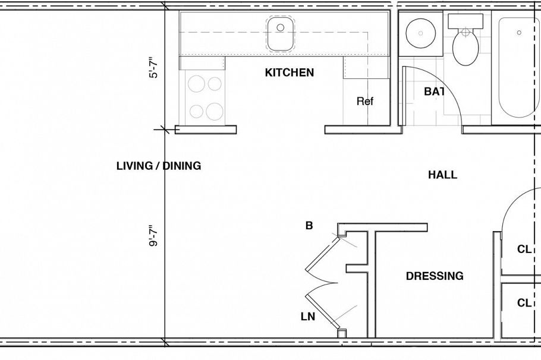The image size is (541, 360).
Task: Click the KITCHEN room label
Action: pyautogui.click(x=289, y=73)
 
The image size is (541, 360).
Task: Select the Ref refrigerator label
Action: pyautogui.click(x=365, y=102)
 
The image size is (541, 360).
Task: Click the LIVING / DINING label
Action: pyautogui.click(x=159, y=166)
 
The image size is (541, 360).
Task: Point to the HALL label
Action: pyautogui.click(x=442, y=175)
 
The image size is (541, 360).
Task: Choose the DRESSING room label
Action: pyautogui.click(x=435, y=276)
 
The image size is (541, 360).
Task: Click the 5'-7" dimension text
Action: pyautogui.click(x=154, y=68)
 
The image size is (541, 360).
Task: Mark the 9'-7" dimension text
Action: pyautogui.click(x=154, y=235)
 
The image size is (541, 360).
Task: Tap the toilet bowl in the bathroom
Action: pyautogui.click(x=465, y=49)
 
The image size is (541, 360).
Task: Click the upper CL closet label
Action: pyautogui.click(x=524, y=250)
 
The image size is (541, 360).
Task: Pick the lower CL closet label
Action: pyautogui.click(x=524, y=303)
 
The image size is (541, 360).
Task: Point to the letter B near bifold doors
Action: pyautogui.click(x=309, y=226)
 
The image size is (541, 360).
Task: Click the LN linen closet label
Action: pyautogui.click(x=307, y=317)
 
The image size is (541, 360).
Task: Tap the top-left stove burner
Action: pyautogui.click(x=197, y=84)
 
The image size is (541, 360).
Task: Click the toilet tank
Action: pyautogui.click(x=466, y=21)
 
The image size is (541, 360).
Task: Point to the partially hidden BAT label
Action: pyautogui.click(x=434, y=91)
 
